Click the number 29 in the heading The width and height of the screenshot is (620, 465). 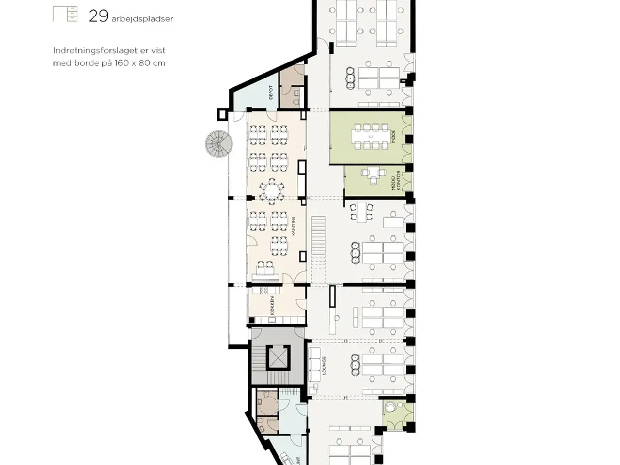click(98, 16)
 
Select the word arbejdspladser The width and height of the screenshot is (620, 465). click(142, 19)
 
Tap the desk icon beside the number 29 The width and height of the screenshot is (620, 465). click(65, 14)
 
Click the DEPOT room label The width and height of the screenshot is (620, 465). click(271, 93)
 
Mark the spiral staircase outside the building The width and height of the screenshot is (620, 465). click(219, 144)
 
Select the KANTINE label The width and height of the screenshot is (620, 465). click(294, 226)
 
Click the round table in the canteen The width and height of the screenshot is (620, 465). click(270, 190)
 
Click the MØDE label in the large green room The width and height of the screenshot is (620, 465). click(393, 136)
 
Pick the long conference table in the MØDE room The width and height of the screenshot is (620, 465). click(371, 137)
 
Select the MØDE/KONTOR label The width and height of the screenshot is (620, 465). click(396, 181)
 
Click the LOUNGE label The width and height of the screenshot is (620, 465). click(324, 366)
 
